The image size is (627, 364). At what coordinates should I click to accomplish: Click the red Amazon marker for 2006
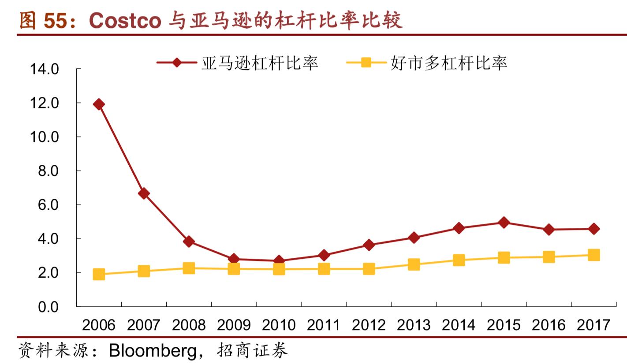(x=99, y=104)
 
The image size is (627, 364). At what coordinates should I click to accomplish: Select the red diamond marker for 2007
(x=144, y=193)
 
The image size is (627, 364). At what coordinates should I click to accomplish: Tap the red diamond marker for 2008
(x=189, y=241)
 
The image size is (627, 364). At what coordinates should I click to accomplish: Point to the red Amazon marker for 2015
(x=504, y=223)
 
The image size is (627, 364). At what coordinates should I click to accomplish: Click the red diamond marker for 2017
(x=593, y=229)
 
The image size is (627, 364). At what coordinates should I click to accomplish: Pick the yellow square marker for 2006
(x=99, y=274)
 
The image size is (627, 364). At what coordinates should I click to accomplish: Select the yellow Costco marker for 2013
(x=414, y=264)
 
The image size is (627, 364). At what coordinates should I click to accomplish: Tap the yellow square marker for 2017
(x=593, y=255)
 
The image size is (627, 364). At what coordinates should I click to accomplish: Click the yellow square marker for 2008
(x=189, y=268)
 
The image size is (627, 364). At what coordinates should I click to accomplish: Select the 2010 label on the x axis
(x=279, y=325)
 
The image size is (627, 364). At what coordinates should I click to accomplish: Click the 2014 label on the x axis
(x=459, y=325)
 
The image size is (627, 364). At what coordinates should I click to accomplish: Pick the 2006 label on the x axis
(x=99, y=325)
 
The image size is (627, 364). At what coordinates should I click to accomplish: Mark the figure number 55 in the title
(x=55, y=21)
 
